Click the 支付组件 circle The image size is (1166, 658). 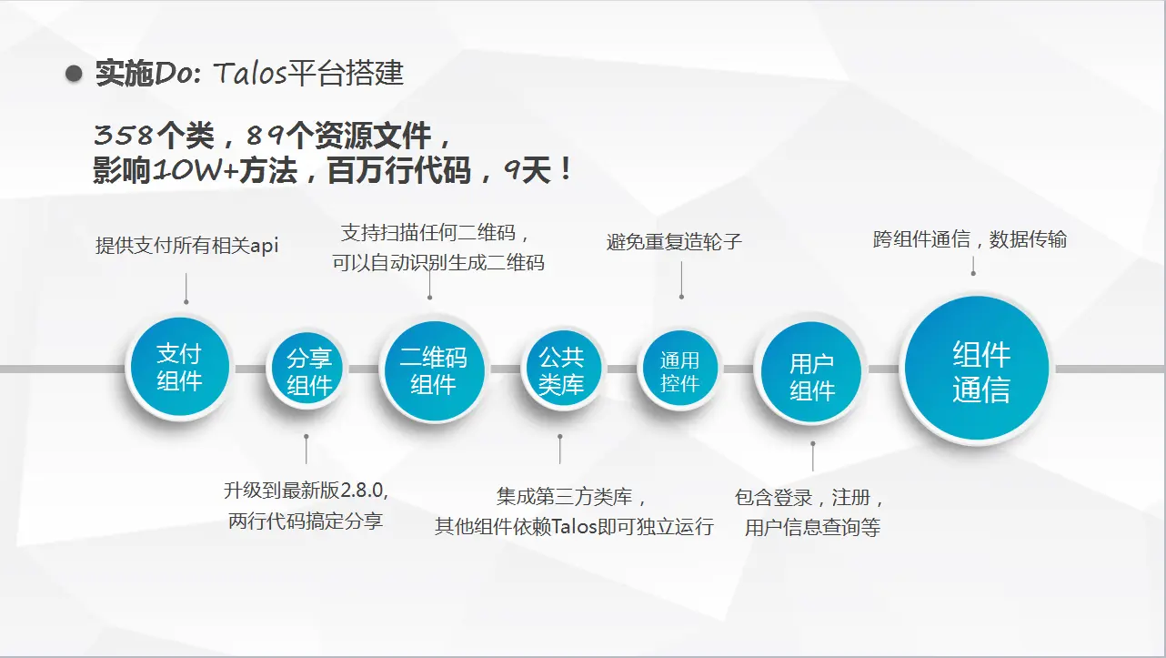pyautogui.click(x=179, y=367)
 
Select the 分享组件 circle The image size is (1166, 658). pyautogui.click(x=307, y=369)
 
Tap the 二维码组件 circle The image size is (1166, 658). pyautogui.click(x=434, y=371)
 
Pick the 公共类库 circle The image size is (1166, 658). pyautogui.click(x=562, y=369)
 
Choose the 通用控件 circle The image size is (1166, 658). pyautogui.click(x=679, y=369)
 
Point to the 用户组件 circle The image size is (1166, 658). pyautogui.click(x=811, y=372)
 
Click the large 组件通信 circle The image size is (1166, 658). pyautogui.click(x=977, y=369)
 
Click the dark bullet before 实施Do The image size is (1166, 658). pyautogui.click(x=74, y=74)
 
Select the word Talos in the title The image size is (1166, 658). pyautogui.click(x=250, y=73)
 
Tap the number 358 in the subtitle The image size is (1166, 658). pyautogui.click(x=124, y=135)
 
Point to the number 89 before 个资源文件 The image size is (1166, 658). pyautogui.click(x=266, y=135)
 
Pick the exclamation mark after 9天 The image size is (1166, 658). pyautogui.click(x=566, y=170)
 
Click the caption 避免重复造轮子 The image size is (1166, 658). pyautogui.click(x=674, y=242)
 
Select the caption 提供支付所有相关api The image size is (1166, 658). pyautogui.click(x=186, y=245)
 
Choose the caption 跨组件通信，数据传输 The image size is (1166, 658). pyautogui.click(x=970, y=239)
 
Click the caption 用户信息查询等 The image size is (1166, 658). pyautogui.click(x=812, y=527)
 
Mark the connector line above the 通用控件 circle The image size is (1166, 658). pyautogui.click(x=681, y=279)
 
